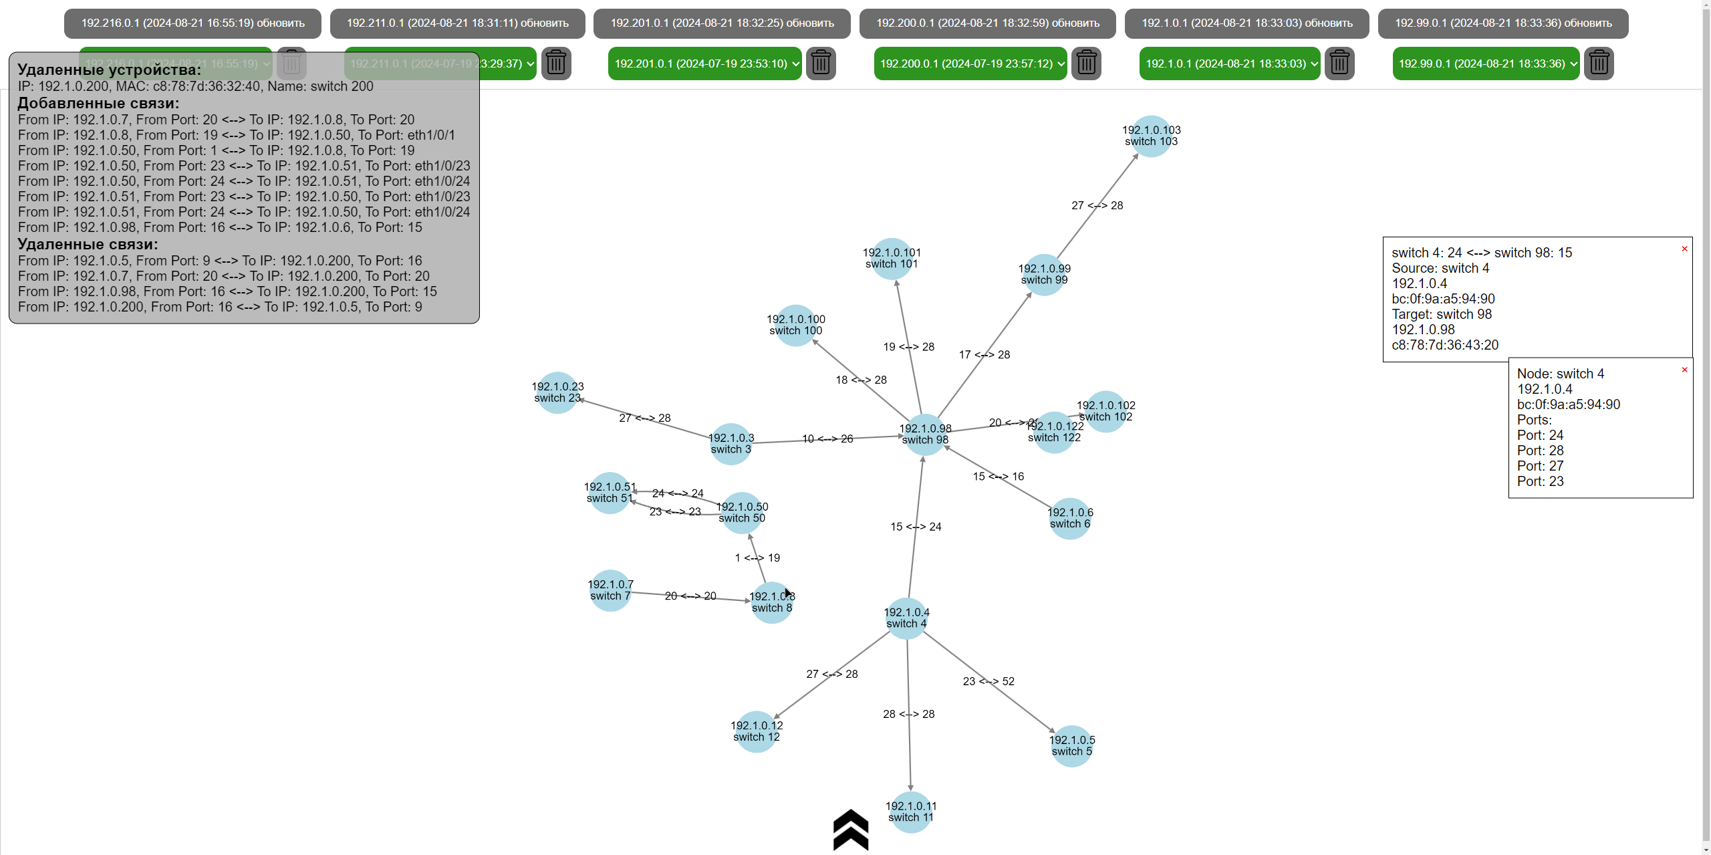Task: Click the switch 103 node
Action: [1151, 136]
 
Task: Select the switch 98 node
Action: [925, 434]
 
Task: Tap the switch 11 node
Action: [910, 812]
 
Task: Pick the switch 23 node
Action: [557, 392]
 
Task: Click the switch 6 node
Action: [1070, 518]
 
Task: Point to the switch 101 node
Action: [892, 258]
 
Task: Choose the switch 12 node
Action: [757, 731]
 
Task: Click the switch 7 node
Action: [610, 590]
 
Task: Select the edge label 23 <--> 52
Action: [989, 681]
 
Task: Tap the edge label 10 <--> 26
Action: [827, 439]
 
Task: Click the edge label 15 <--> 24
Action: [916, 527]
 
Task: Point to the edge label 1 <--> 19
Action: [757, 558]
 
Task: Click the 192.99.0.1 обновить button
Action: [1502, 23]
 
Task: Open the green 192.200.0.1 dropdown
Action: [970, 64]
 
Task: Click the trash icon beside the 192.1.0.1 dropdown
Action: [1339, 64]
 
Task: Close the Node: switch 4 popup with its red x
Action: [1684, 370]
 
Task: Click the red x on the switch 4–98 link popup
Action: [1684, 249]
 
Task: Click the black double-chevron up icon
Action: [851, 830]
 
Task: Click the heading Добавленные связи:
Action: [98, 103]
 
